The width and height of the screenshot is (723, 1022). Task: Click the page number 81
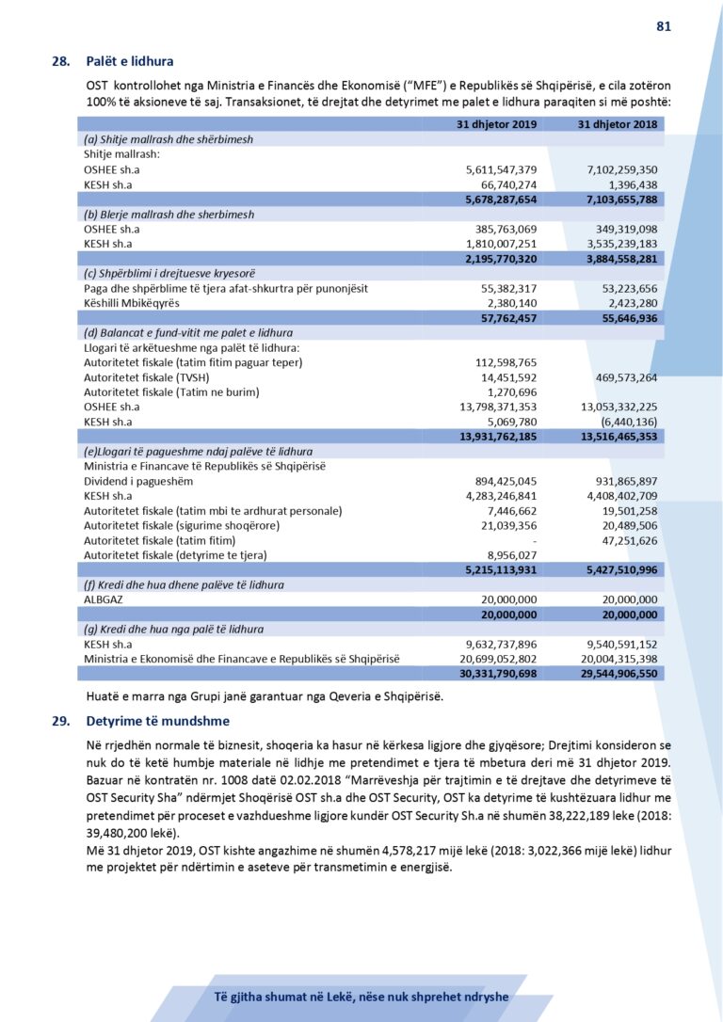[663, 26]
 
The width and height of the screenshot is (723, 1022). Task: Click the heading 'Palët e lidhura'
[129, 62]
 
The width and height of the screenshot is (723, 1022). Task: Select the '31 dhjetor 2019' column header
[497, 124]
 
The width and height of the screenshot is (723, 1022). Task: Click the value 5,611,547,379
[502, 168]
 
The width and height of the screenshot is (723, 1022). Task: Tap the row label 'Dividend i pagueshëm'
[138, 481]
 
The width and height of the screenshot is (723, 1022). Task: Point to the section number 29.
[60, 721]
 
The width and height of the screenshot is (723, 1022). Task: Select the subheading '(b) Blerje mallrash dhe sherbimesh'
[169, 215]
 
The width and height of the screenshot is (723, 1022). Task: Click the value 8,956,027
[512, 555]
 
